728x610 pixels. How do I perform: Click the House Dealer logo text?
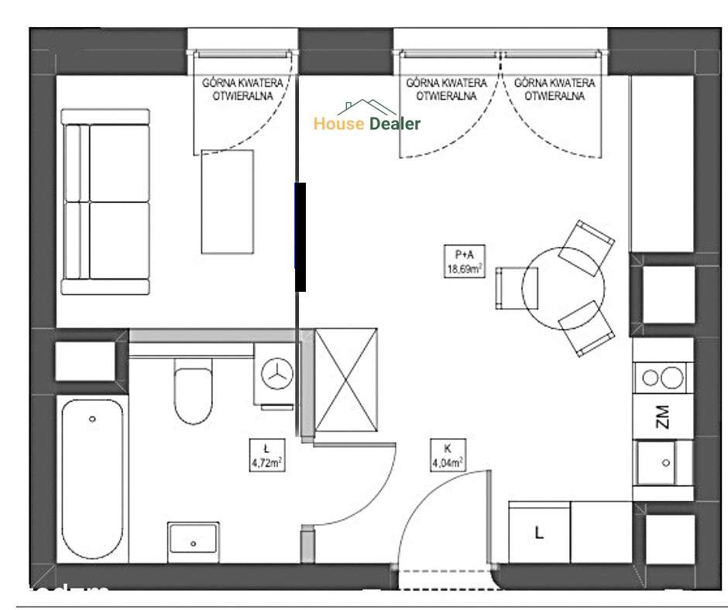[367, 123]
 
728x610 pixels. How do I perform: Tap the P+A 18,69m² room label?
[464, 262]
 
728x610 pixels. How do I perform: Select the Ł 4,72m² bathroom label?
[266, 457]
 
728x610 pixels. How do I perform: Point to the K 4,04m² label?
[448, 457]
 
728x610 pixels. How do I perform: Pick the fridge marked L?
[539, 533]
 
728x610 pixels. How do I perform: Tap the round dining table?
[563, 288]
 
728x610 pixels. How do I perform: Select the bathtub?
[92, 480]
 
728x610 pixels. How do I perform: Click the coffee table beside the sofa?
[227, 201]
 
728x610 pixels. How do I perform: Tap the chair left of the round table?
[510, 288]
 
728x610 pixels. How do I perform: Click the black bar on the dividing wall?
[300, 237]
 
